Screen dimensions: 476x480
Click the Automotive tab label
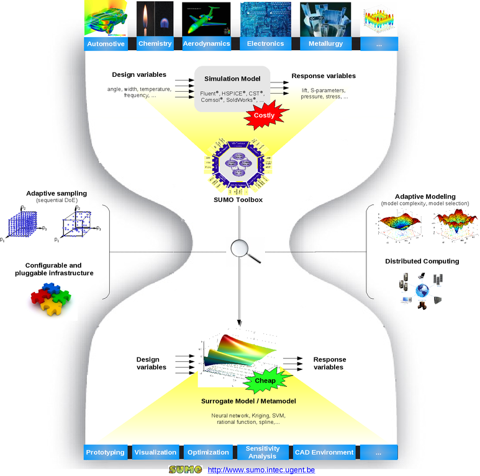tap(106, 44)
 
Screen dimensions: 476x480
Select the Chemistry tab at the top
tap(155, 44)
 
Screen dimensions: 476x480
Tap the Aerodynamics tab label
tap(206, 44)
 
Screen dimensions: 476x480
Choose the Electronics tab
tap(265, 44)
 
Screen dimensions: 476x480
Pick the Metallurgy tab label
tap(325, 44)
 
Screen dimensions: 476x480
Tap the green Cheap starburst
tap(265, 381)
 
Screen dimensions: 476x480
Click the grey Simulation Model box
tap(232, 89)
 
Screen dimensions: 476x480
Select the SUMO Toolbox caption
tap(238, 200)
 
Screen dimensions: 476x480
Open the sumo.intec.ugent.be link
tap(261, 470)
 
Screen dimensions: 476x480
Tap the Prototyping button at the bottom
tap(106, 452)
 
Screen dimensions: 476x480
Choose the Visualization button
tap(155, 452)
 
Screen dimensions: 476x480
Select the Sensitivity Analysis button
tap(263, 452)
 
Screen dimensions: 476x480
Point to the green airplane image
tap(206, 19)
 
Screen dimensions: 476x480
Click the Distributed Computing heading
tap(422, 261)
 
